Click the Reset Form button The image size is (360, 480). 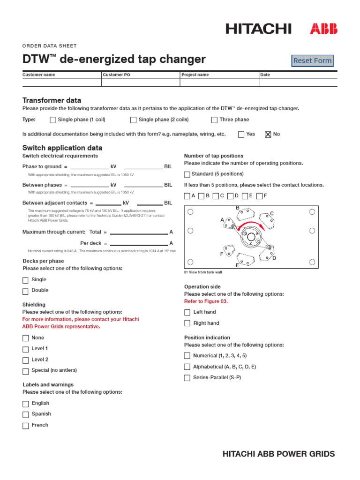312,60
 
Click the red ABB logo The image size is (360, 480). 323,29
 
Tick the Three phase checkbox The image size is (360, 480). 215,120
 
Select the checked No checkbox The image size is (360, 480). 268,135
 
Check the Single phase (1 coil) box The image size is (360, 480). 52,120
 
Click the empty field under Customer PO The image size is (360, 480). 141,82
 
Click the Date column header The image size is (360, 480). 265,75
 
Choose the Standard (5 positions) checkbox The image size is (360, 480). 187,174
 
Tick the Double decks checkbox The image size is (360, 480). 26,291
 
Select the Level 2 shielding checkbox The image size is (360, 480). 26,360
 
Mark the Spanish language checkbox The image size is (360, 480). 26,414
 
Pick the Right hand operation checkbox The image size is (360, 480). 187,323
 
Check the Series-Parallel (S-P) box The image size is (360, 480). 187,378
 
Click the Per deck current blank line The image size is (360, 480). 139,244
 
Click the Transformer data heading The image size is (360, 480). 52,100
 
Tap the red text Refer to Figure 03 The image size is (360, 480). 206,301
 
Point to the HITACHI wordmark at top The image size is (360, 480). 258,29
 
